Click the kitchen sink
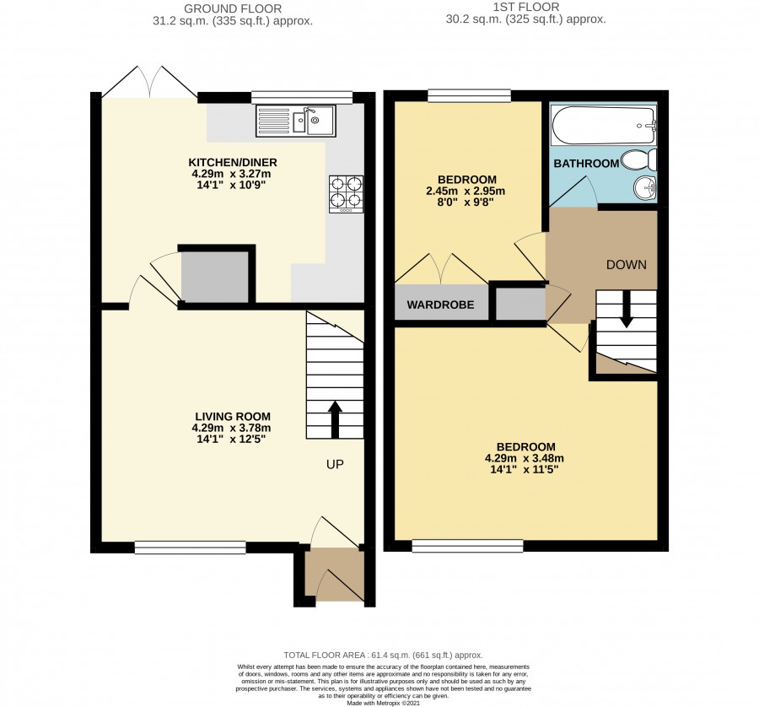point(295,121)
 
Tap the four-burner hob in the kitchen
point(346,194)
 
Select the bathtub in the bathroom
point(604,125)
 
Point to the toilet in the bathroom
point(639,159)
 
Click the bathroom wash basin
point(645,187)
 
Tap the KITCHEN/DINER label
point(233,162)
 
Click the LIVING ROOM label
point(233,417)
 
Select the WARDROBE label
point(440,305)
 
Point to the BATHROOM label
point(586,164)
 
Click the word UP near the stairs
point(335,464)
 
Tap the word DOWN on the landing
point(627,264)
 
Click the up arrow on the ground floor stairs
point(335,419)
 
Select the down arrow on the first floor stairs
point(627,310)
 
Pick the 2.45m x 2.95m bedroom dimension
point(466,191)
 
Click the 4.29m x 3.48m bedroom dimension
point(525,458)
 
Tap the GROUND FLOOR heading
point(233,8)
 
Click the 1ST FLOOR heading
point(525,8)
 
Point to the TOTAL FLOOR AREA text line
point(384,656)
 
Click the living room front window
point(191,548)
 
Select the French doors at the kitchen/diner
point(150,83)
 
